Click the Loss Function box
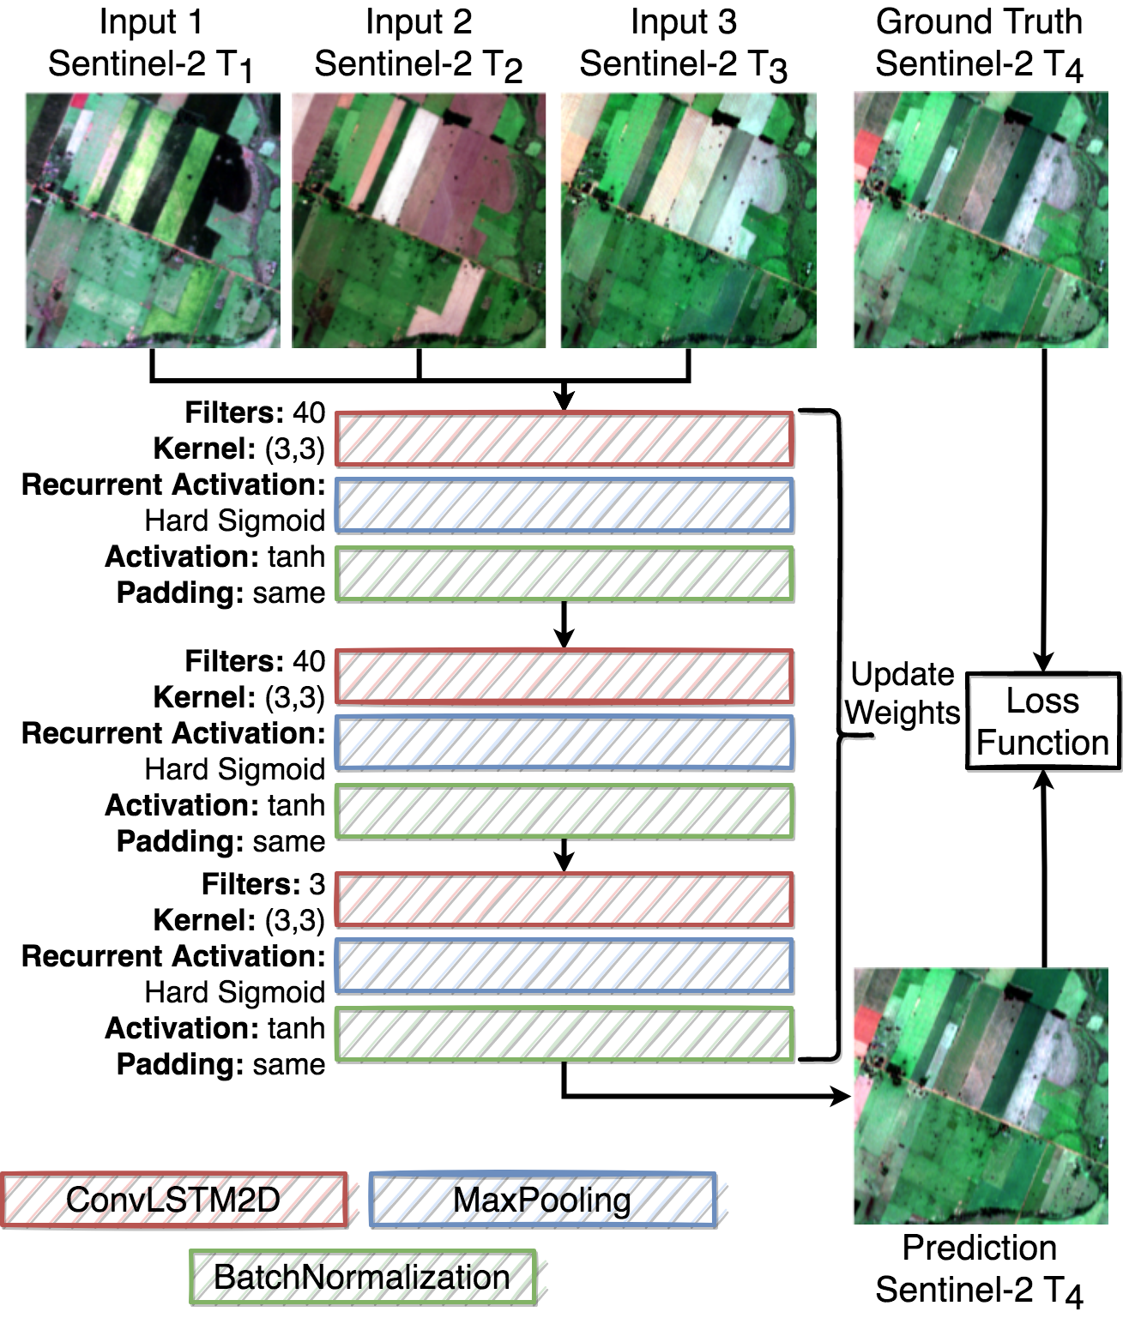tap(1042, 721)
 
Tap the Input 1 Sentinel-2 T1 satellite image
tap(153, 220)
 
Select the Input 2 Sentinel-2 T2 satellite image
tap(419, 220)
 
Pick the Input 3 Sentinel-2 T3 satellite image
tap(688, 220)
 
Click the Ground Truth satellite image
tap(981, 220)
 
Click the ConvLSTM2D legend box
tap(174, 1200)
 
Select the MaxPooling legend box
tap(542, 1200)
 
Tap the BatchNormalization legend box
tap(362, 1277)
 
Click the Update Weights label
tap(903, 694)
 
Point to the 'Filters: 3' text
tap(263, 884)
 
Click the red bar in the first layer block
tap(564, 439)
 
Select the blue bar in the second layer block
tap(564, 742)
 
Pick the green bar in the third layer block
tap(564, 1035)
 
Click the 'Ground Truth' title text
tap(979, 22)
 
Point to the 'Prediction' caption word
tap(979, 1248)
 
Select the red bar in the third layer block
tap(564, 900)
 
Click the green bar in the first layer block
tap(564, 574)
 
